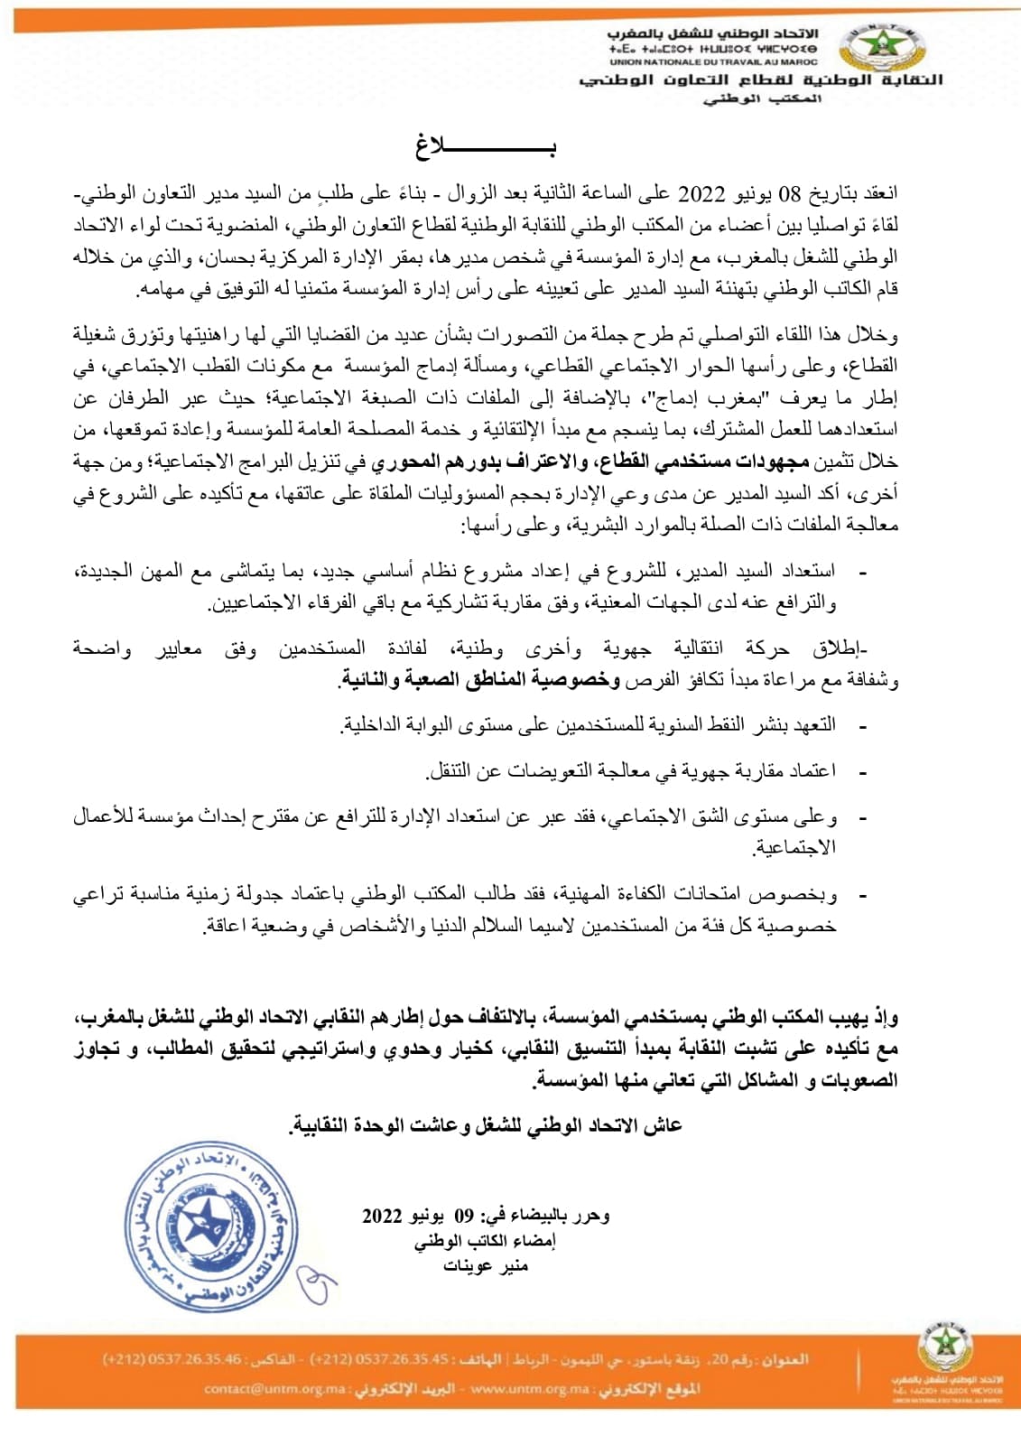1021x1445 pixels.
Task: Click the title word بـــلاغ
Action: [x=485, y=146]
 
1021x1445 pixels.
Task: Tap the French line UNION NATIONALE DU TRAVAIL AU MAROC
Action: [x=713, y=62]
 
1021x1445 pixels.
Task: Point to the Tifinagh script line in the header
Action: [x=713, y=49]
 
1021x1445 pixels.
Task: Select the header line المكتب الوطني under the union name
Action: [x=762, y=98]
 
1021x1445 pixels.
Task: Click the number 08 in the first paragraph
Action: [x=789, y=194]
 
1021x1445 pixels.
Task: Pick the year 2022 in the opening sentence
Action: [x=701, y=194]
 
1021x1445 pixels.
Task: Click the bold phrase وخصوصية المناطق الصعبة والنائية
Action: [x=481, y=680]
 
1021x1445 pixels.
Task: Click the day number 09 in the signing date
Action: [x=463, y=1216]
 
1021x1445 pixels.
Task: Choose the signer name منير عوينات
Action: [x=486, y=1265]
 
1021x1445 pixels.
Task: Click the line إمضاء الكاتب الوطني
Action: [x=486, y=1241]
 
